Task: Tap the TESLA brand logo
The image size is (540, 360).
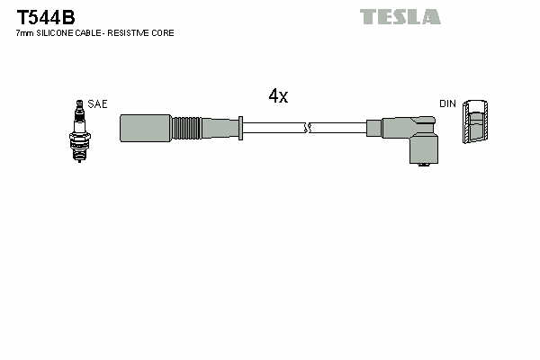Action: (400, 16)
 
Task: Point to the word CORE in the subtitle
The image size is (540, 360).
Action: (164, 33)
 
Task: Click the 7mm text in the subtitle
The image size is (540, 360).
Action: (24, 33)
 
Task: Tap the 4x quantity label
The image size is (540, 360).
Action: (277, 96)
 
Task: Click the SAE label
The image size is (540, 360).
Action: (98, 104)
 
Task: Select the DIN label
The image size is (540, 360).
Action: (447, 104)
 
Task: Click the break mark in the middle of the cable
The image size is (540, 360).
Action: (308, 127)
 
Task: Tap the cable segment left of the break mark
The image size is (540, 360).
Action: (274, 127)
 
